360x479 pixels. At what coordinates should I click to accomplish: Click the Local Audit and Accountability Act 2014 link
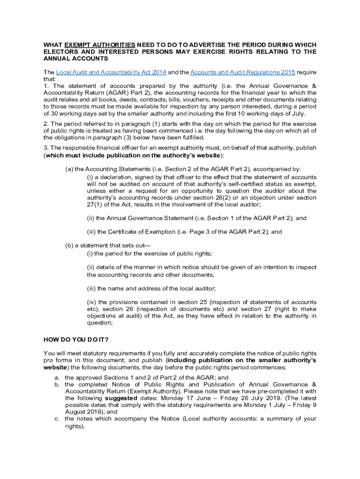point(111,72)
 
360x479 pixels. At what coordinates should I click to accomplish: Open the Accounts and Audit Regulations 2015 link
point(242,72)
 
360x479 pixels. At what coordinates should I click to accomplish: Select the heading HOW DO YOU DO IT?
point(76,339)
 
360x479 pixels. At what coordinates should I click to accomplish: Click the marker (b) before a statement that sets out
point(69,246)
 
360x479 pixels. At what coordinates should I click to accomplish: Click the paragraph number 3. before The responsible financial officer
point(46,148)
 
